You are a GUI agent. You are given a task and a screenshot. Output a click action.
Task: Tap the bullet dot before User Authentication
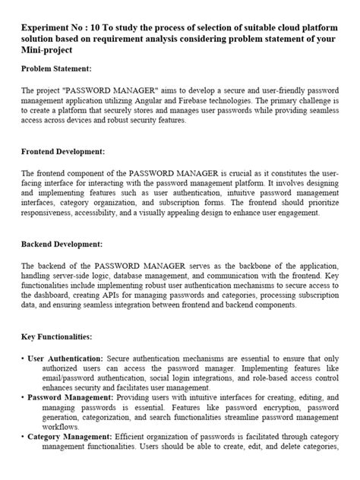(23, 357)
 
